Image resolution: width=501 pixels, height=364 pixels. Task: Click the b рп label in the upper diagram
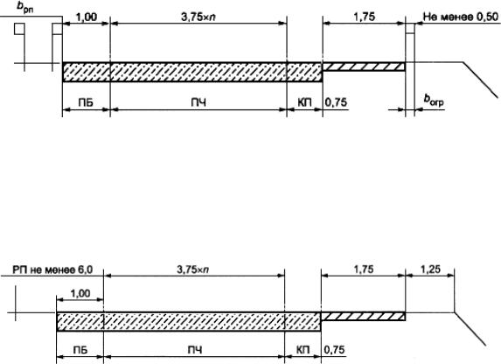(x=25, y=8)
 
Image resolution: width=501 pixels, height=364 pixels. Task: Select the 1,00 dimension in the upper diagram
(x=87, y=17)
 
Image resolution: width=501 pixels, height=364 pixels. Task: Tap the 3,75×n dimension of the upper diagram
(x=198, y=17)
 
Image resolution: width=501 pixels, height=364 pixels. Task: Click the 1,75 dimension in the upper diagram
(x=365, y=17)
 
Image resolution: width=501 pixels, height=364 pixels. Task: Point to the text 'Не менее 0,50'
(x=461, y=17)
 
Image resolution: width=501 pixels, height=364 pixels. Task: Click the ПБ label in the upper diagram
(x=86, y=102)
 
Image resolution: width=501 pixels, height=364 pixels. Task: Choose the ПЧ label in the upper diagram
(x=198, y=102)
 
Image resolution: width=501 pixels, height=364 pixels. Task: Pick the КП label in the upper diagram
(x=304, y=102)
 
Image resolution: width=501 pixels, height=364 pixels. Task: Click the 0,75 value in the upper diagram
(x=336, y=102)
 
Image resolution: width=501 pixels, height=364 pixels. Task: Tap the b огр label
(x=434, y=101)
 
